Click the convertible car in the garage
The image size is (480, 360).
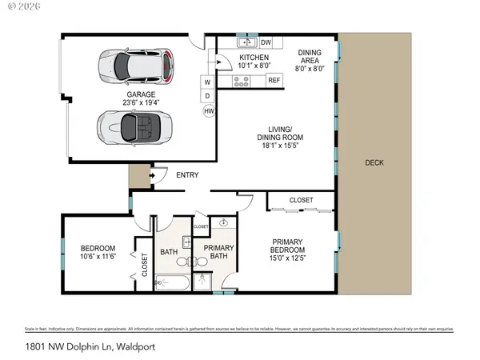134,126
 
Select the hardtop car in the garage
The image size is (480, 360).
135,66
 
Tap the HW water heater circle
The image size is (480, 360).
209,111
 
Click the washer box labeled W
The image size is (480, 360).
207,82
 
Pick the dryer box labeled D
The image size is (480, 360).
207,96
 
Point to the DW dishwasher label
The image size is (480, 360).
266,43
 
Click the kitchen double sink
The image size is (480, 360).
246,42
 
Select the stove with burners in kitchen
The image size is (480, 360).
241,81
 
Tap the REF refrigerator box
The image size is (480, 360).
274,80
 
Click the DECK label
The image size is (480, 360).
374,162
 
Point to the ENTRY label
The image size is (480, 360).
187,175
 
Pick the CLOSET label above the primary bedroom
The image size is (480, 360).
301,199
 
